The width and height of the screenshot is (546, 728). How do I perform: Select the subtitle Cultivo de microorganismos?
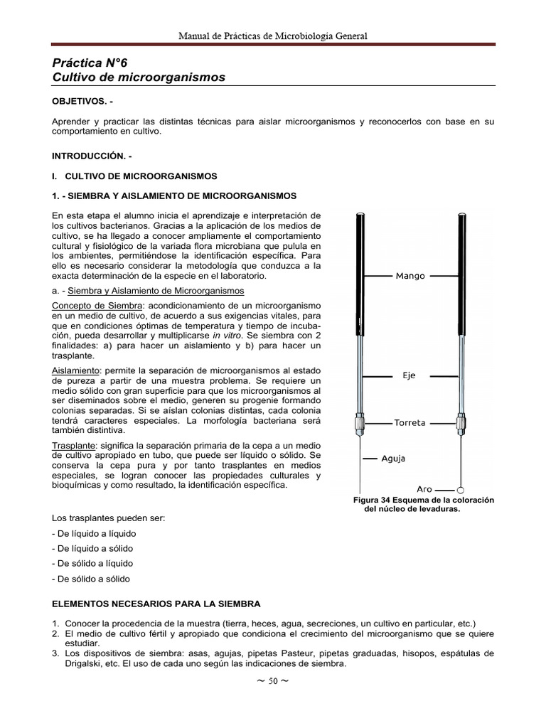(x=139, y=77)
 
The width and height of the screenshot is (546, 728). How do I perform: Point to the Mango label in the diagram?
(x=410, y=276)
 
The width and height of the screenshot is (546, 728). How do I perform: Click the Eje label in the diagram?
(x=409, y=375)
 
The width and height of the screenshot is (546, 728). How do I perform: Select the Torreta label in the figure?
(x=409, y=422)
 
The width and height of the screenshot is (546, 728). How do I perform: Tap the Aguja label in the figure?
(x=393, y=459)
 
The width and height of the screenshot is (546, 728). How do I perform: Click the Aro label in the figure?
(x=424, y=490)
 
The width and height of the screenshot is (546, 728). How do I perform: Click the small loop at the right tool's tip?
(x=460, y=490)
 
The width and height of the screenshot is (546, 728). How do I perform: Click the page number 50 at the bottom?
(x=273, y=681)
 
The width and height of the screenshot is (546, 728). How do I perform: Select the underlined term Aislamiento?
(x=76, y=370)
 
